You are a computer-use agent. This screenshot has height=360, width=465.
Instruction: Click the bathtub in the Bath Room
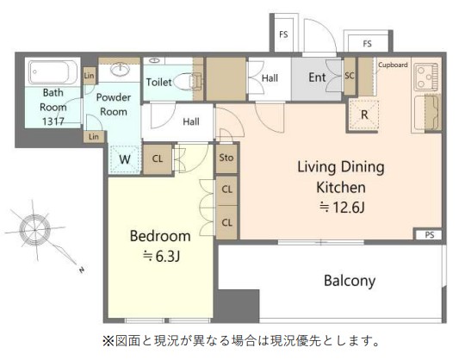coord(52,72)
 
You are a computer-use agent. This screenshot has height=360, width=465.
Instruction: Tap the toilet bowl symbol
coord(187,81)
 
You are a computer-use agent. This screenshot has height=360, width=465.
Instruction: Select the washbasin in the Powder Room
coord(120,69)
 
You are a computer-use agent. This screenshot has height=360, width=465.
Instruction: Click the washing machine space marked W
coord(125,159)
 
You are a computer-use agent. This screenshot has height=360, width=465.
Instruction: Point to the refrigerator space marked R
coord(364,115)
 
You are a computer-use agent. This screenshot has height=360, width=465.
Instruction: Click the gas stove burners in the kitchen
coord(426,77)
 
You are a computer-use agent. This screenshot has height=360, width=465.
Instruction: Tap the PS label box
coord(429,235)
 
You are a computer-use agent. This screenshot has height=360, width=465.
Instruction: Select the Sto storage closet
coord(226,158)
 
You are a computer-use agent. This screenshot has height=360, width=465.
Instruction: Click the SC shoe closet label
coord(350,76)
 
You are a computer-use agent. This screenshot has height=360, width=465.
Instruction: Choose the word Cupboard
coord(393,65)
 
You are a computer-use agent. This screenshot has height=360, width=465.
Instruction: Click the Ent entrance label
coord(317,78)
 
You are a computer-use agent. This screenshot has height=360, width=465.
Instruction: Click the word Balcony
coord(350,281)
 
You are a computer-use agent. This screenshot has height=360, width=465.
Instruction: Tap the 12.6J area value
coord(342,207)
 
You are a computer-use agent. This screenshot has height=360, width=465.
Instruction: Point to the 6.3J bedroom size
coord(161,256)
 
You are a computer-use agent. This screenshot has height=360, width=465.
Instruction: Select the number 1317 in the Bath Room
coord(53,121)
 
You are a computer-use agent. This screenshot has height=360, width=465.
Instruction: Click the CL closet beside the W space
coord(158,159)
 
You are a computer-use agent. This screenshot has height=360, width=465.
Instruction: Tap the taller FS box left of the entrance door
coord(284,34)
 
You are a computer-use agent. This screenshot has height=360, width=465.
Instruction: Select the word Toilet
coord(159,82)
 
